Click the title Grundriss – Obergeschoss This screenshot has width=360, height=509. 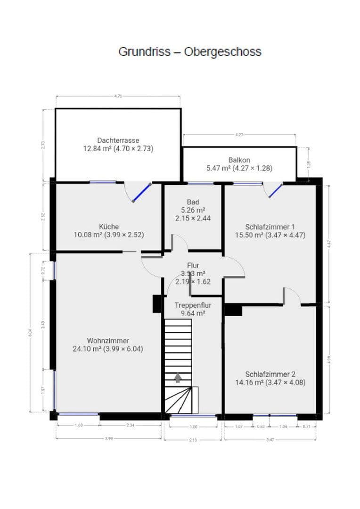point(189,51)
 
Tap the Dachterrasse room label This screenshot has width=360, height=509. point(118,140)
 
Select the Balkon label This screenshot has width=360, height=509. point(239,160)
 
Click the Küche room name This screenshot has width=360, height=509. point(109,226)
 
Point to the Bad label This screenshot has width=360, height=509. point(193,202)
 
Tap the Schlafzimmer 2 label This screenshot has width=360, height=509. point(270,374)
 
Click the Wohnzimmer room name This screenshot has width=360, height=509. point(108,341)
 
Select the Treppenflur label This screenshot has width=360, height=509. point(193,305)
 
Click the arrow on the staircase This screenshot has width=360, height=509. point(178,378)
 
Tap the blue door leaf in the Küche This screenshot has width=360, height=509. point(141,192)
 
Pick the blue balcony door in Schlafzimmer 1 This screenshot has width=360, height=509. point(276,190)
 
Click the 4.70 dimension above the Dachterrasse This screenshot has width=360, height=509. point(118,96)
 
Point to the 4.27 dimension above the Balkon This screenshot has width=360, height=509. point(239,135)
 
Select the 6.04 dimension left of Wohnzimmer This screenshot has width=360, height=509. point(30,332)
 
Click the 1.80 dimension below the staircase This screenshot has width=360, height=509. point(193,426)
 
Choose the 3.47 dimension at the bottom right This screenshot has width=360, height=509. point(270,439)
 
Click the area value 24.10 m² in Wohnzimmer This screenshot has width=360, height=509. point(89,349)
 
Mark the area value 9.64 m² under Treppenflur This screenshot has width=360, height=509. point(193,313)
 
